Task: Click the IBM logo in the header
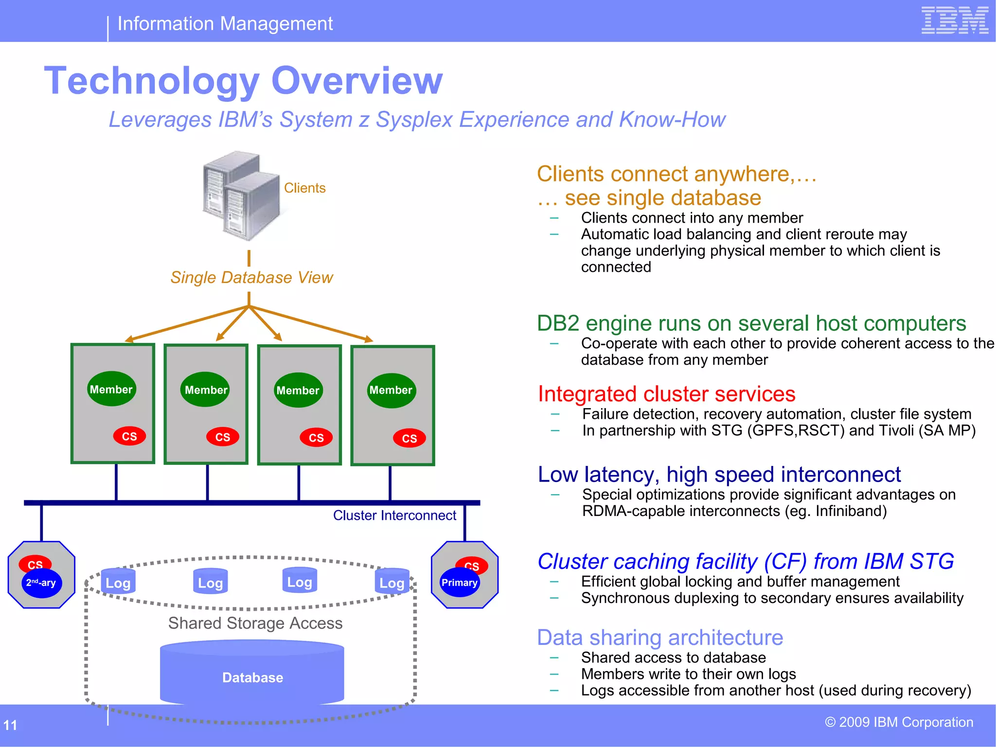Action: [x=955, y=20]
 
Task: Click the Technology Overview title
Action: [x=243, y=81]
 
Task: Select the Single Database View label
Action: [x=251, y=277]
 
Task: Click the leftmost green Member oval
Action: [x=111, y=389]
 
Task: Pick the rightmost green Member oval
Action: [x=391, y=390]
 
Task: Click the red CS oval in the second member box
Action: [x=223, y=437]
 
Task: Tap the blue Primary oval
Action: [x=460, y=583]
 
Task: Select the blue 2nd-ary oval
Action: [x=41, y=583]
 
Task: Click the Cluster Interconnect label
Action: [x=394, y=516]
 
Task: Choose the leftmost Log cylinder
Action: [x=118, y=582]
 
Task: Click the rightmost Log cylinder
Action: [x=392, y=582]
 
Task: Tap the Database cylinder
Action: [x=252, y=676]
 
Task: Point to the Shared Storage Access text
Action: [x=255, y=623]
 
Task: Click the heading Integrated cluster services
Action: [x=666, y=394]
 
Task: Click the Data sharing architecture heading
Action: [x=660, y=638]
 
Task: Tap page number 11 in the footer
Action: [x=10, y=725]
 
